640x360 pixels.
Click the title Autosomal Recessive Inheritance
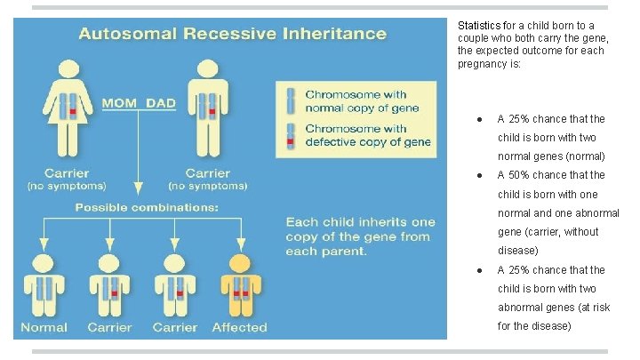pos(232,35)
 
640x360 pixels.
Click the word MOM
pos(118,103)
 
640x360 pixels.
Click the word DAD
pos(161,103)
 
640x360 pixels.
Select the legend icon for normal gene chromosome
pos(290,100)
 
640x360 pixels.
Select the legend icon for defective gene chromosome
pos(290,134)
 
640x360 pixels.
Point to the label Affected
pos(239,327)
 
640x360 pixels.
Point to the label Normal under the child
pos(44,327)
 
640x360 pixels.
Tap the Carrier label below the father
pos(208,173)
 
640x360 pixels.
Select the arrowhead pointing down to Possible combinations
pos(137,189)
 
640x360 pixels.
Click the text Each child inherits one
pos(361,222)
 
